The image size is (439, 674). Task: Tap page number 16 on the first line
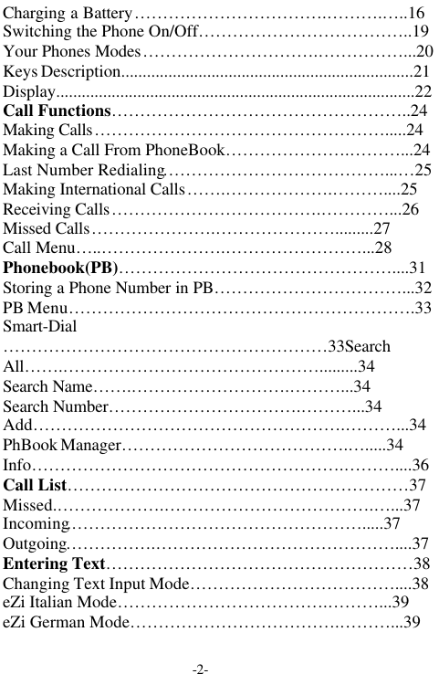point(415,14)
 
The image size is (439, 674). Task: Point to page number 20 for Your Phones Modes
point(424,51)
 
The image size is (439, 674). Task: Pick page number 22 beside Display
point(424,91)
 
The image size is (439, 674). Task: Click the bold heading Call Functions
point(57,111)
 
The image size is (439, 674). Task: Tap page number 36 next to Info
point(422,466)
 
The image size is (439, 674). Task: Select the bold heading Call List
point(35,485)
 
